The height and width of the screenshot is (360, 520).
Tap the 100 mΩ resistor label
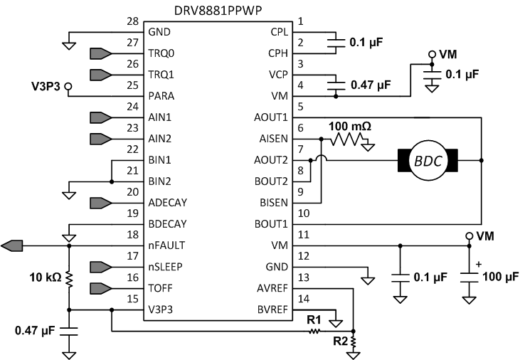tap(350, 126)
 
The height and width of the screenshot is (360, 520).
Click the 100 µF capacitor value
tap(501, 276)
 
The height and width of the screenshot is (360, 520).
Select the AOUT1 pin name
tap(270, 117)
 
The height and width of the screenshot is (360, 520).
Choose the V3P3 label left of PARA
tap(47, 88)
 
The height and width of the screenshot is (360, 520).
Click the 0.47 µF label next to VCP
tap(371, 85)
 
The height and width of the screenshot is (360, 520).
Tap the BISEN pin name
tap(272, 202)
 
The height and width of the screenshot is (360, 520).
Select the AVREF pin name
tap(271, 288)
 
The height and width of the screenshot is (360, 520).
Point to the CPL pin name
tap(276, 32)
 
